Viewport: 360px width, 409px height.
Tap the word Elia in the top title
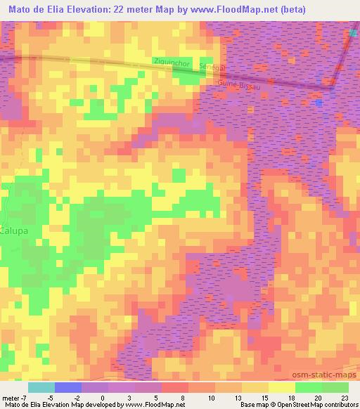pyautogui.click(x=54, y=9)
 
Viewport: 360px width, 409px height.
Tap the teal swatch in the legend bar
pyautogui.click(x=41, y=387)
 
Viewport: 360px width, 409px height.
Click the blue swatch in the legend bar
pyautogui.click(x=68, y=387)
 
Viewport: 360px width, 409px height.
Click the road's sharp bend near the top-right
pyautogui.click(x=333, y=88)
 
